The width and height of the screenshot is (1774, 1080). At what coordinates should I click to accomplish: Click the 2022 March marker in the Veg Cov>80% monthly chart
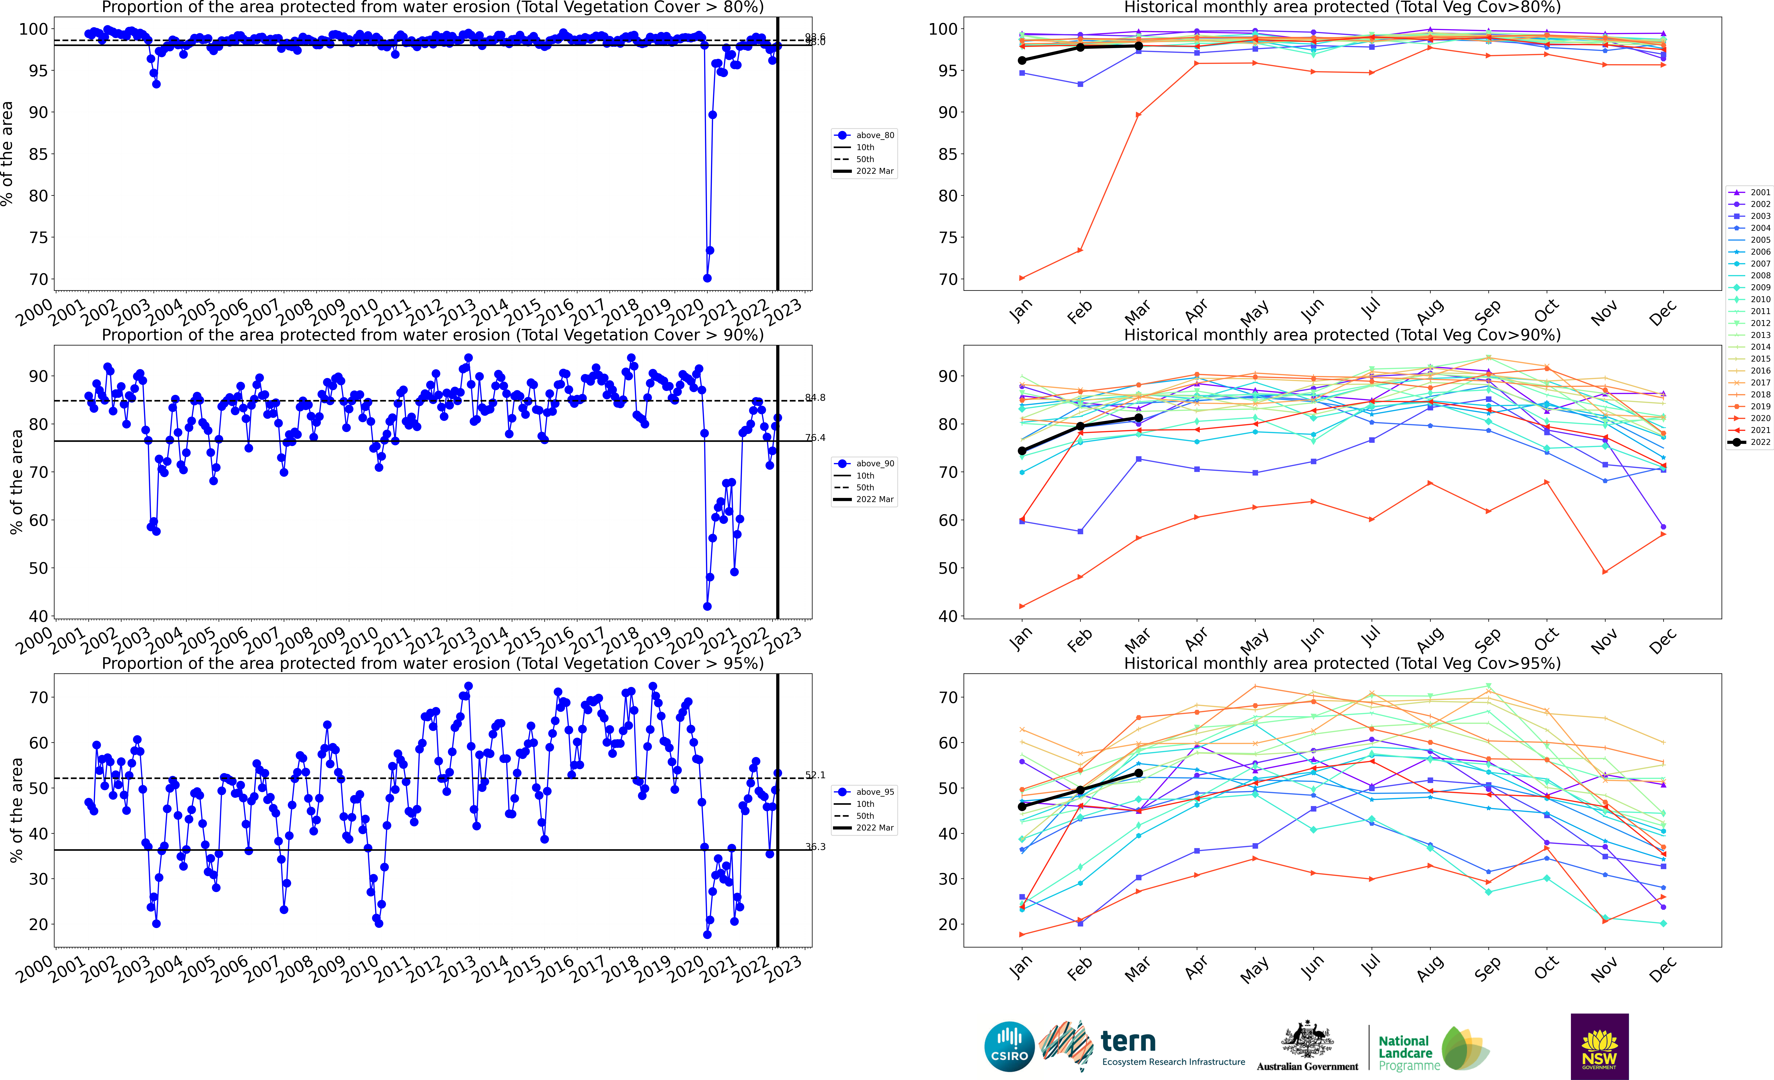click(x=1138, y=46)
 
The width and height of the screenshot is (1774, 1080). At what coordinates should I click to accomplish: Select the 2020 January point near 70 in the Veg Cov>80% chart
click(x=1022, y=278)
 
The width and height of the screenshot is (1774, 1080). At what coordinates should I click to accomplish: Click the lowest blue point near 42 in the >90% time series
click(x=707, y=606)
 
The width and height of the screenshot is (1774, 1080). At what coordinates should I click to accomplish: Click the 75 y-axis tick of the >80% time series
click(x=38, y=238)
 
